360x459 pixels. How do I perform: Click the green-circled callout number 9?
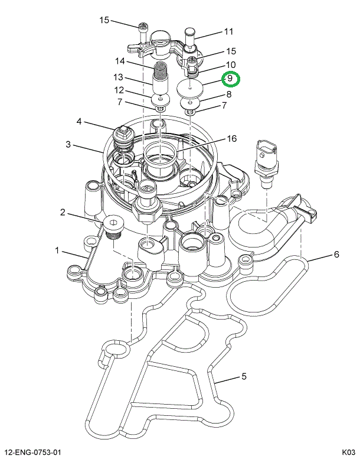[x=230, y=79]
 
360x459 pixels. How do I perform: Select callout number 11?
[x=228, y=31]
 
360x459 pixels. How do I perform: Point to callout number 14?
[x=120, y=61]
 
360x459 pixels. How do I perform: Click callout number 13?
[x=119, y=77]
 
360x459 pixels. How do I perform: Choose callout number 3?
[x=68, y=144]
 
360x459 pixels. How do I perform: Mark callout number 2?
[x=62, y=211]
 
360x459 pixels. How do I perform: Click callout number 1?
[x=58, y=251]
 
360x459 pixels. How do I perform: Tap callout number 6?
[x=336, y=255]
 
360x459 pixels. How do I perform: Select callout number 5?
[x=243, y=376]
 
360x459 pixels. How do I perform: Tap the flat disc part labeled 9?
[x=191, y=89]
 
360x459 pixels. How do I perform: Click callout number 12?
[x=119, y=90]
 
